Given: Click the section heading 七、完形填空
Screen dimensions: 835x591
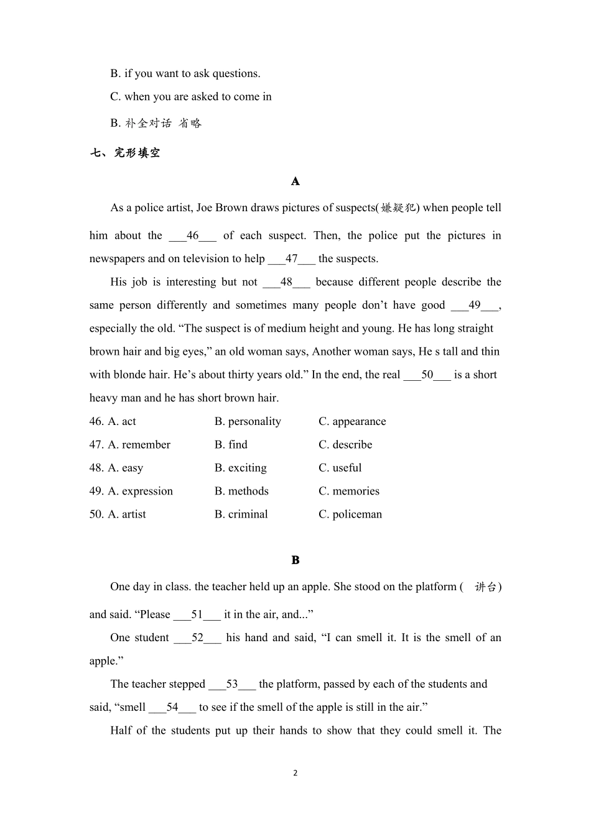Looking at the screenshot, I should point(125,153).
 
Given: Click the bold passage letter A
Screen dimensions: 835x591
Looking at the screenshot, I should point(295,181).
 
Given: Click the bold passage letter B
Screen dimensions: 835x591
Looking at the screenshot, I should point(295,560).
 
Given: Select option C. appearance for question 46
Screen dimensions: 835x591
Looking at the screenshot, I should point(352,421).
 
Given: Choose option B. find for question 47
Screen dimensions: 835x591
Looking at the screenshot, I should point(231,445).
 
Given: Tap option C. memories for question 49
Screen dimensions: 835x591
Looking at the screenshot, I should point(348,491).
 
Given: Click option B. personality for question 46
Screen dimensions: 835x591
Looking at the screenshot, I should point(248,421).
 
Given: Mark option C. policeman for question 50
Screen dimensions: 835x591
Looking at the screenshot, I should point(350,514).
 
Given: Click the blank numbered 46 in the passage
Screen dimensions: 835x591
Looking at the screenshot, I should point(193,235).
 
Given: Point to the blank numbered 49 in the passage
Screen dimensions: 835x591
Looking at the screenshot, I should point(475,305).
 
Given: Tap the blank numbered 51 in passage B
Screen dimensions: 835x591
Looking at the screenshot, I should point(197,614).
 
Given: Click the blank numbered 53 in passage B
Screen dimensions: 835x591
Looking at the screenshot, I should point(232,684).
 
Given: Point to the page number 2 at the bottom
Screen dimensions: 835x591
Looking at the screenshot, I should point(295,773).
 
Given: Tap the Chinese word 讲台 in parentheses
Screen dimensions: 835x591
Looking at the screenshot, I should point(485,587).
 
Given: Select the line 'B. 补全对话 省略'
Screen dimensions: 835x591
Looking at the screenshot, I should point(156,123).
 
